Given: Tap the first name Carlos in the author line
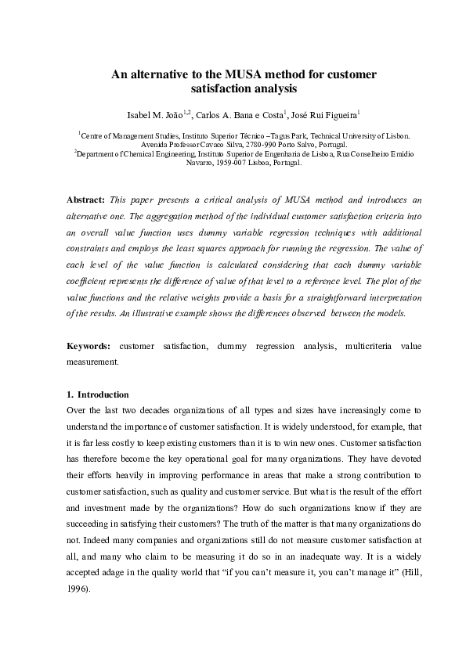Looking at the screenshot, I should (x=209, y=114).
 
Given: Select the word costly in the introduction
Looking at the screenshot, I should (x=119, y=442).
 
